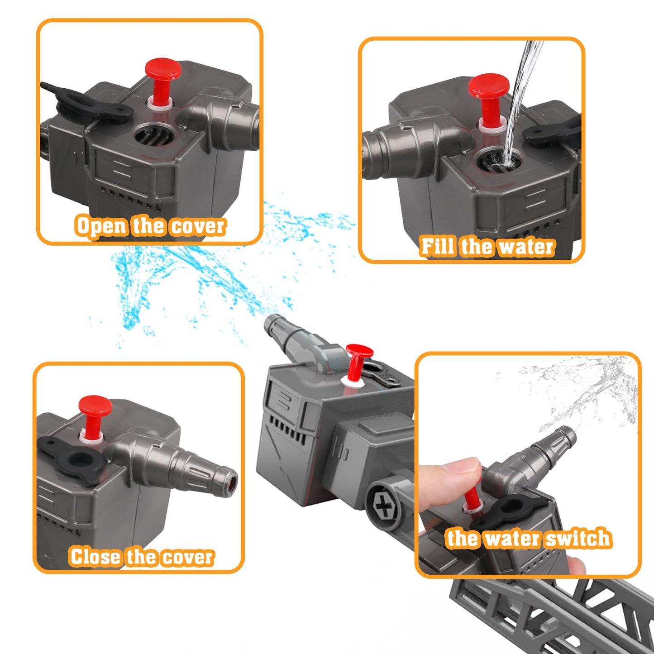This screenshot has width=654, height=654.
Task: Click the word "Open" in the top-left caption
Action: point(101,226)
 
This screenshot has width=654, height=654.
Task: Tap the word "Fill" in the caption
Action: point(437,246)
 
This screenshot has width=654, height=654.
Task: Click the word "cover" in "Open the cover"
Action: point(197,226)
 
